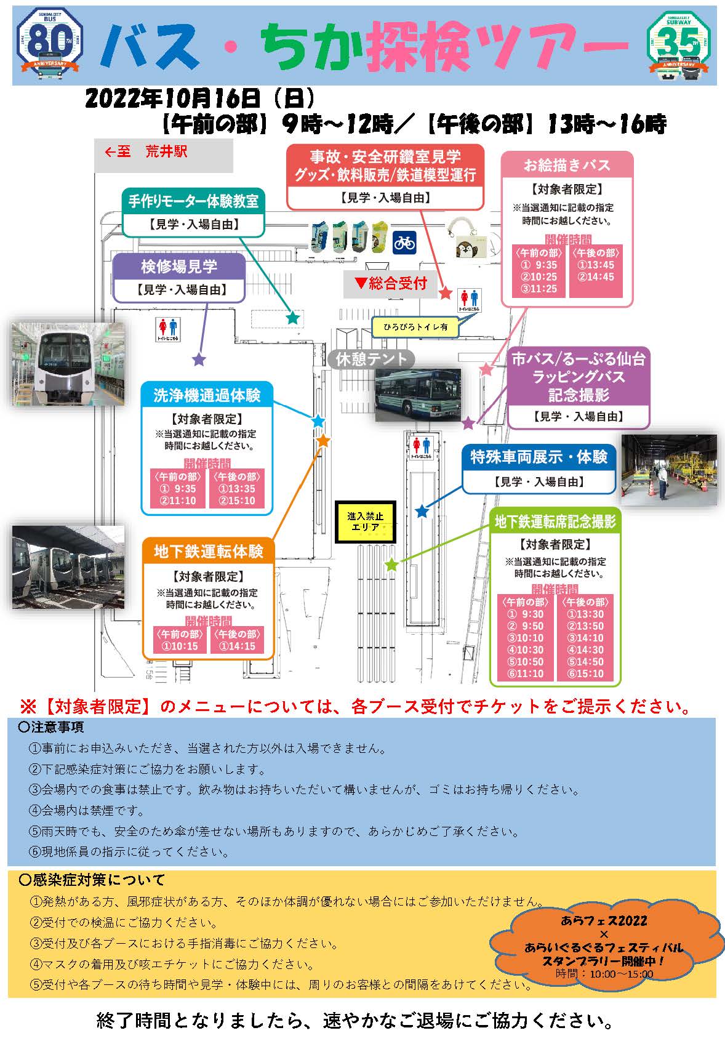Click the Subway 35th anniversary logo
coord(679,45)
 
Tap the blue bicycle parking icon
coord(404,242)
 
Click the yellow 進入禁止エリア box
coord(365,521)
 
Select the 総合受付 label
coord(391,283)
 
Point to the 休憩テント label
coord(371,359)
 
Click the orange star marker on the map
coord(323,441)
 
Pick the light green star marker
coord(391,564)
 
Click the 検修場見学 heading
coord(179,266)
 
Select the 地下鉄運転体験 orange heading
coord(208,551)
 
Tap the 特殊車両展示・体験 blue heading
coord(539,457)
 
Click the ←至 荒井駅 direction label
coord(146,152)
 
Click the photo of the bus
coord(418,395)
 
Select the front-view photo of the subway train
coord(68,363)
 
